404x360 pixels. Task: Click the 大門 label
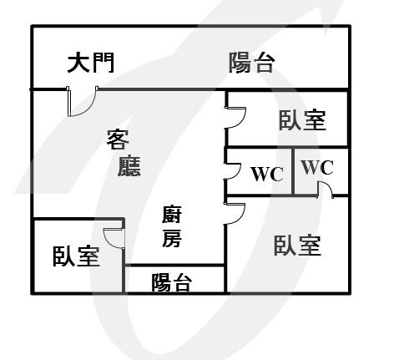point(91,63)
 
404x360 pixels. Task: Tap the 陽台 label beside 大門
point(252,63)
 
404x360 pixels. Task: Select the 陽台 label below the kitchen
point(172,282)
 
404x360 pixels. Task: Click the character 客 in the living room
point(118,139)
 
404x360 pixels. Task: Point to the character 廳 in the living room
point(129,166)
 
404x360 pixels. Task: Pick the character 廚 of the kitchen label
point(172,214)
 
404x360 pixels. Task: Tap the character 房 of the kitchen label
point(172,237)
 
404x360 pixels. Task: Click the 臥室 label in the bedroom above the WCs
point(302,120)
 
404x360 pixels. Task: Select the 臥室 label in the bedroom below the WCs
point(297,246)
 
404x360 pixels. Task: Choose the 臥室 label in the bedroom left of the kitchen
point(76,256)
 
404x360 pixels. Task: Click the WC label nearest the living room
point(267,174)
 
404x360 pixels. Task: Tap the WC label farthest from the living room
point(317,167)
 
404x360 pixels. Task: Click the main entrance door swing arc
point(88,109)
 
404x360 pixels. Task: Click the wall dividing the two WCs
point(293,171)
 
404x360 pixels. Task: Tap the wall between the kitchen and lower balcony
point(174,265)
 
